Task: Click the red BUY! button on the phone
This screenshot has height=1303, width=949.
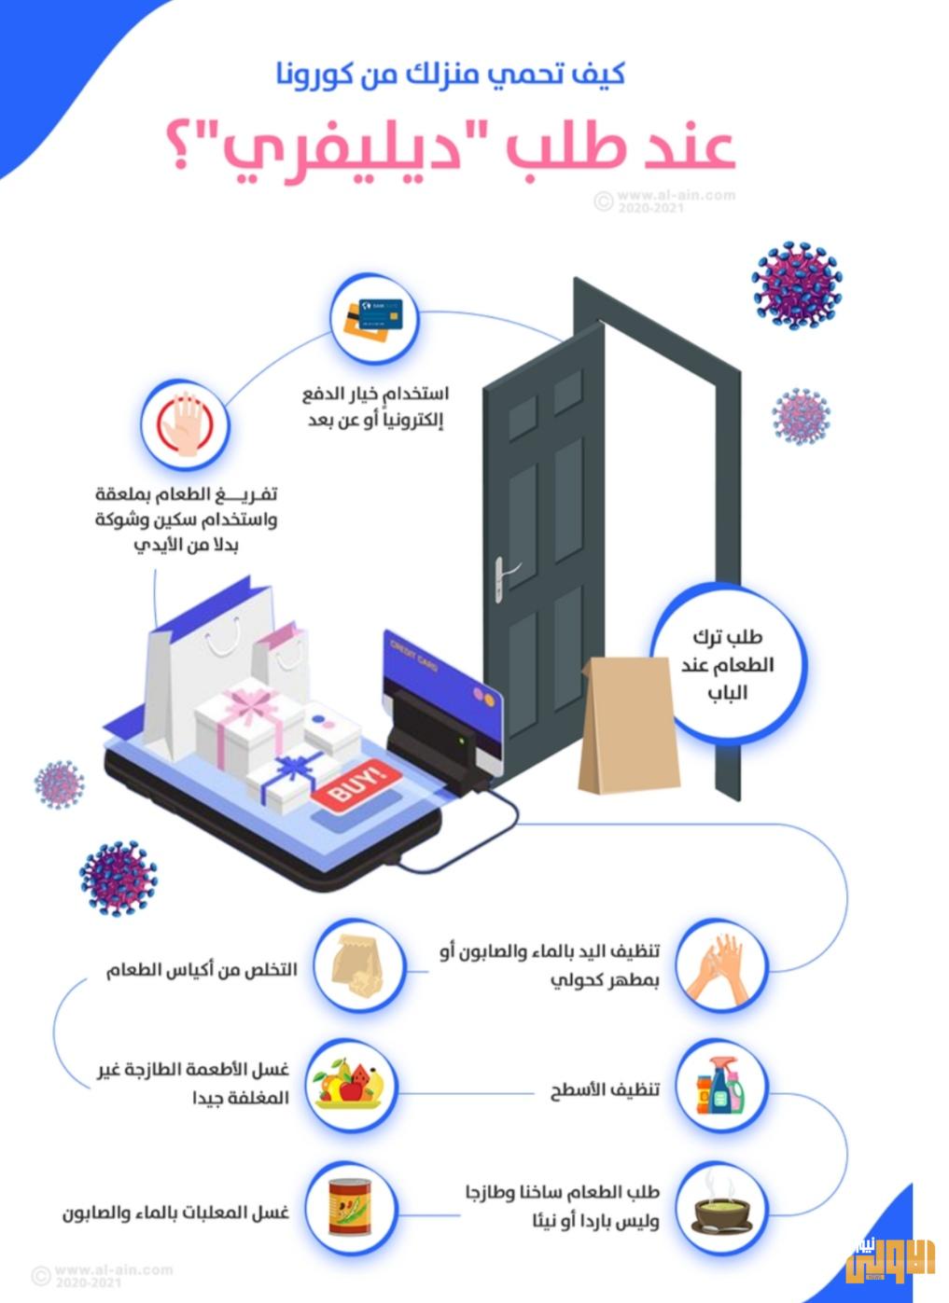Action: [x=356, y=785]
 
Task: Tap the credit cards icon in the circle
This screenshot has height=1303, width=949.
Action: [x=374, y=318]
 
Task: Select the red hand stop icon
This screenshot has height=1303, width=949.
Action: [x=185, y=424]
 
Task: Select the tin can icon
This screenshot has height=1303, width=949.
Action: [x=351, y=1209]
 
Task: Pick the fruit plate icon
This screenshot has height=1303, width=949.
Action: [x=351, y=1088]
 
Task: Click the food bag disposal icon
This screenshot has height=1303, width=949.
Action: [x=358, y=965]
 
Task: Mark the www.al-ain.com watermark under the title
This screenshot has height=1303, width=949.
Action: [x=665, y=200]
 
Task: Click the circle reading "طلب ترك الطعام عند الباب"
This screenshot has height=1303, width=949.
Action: [x=727, y=664]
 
